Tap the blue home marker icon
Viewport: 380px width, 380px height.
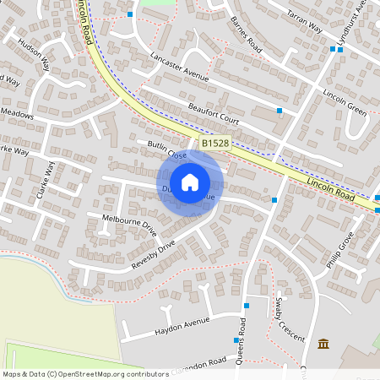[190, 182]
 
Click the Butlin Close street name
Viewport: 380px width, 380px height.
[166, 151]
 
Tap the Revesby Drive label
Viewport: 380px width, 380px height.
[153, 255]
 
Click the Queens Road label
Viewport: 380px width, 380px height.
[242, 338]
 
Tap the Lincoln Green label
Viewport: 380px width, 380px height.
[345, 101]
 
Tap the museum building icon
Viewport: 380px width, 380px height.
[323, 343]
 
